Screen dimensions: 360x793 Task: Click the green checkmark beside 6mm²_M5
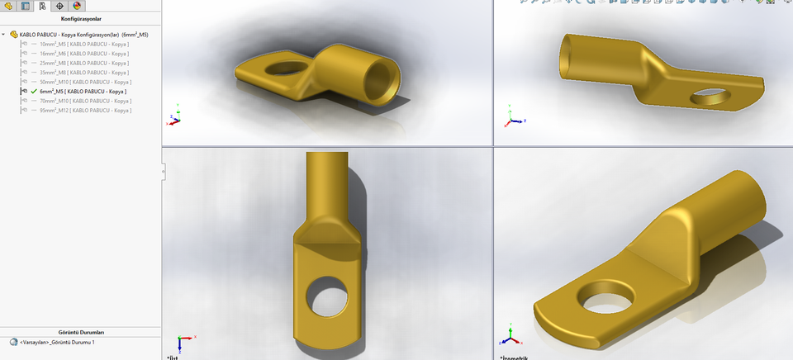(34, 92)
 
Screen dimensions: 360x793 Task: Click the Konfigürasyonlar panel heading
(81, 17)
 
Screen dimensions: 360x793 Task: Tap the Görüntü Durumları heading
(81, 332)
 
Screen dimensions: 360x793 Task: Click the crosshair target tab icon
(59, 6)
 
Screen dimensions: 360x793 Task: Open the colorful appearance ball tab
(77, 6)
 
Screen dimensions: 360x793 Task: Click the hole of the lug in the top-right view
(712, 97)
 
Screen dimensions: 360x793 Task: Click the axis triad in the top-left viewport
(175, 117)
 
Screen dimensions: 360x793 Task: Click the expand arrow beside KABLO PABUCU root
(4, 35)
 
